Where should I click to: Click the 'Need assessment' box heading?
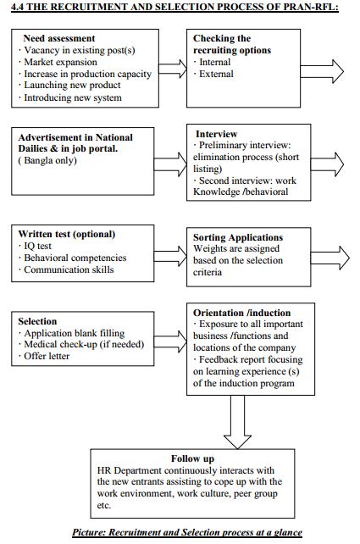(x=59, y=38)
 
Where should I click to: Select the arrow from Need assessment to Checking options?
(x=173, y=69)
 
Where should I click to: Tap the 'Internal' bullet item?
(x=212, y=62)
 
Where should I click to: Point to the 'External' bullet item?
(x=213, y=74)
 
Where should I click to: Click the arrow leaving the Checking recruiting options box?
(x=322, y=71)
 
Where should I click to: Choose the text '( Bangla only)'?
(x=47, y=161)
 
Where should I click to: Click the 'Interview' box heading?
(x=216, y=134)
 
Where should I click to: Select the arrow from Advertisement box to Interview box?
(x=170, y=164)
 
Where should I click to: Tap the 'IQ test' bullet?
(x=35, y=246)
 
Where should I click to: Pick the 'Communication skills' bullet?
(x=66, y=269)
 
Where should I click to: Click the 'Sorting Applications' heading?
(x=238, y=237)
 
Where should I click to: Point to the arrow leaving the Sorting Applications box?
(x=330, y=258)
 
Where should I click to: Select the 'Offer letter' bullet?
(x=44, y=356)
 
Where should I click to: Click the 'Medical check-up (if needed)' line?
(x=81, y=344)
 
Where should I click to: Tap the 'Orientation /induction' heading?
(x=242, y=313)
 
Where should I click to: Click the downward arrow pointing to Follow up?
(x=237, y=422)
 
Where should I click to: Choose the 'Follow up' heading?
(x=192, y=458)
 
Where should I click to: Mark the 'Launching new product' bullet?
(x=69, y=85)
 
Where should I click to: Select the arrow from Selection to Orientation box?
(x=170, y=341)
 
